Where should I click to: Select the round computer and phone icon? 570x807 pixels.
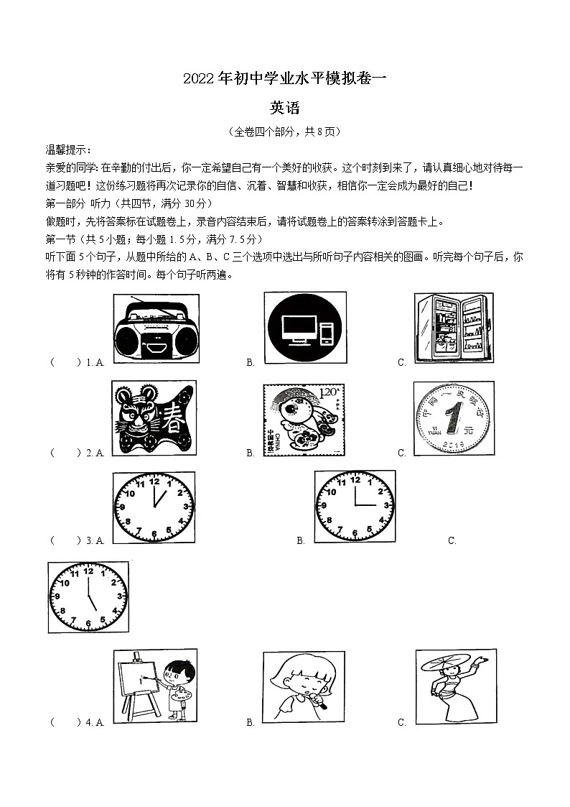305,328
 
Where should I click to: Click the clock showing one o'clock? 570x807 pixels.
154,506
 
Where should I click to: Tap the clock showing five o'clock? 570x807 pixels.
88,597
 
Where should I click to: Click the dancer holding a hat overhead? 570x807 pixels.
455,686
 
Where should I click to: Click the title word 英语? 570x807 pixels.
284,109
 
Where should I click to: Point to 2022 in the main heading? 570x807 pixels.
198,79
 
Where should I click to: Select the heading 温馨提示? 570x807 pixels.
68,149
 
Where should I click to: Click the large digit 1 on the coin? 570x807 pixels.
452,418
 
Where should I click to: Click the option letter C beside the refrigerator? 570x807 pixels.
402,363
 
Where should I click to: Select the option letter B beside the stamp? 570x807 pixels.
251,453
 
